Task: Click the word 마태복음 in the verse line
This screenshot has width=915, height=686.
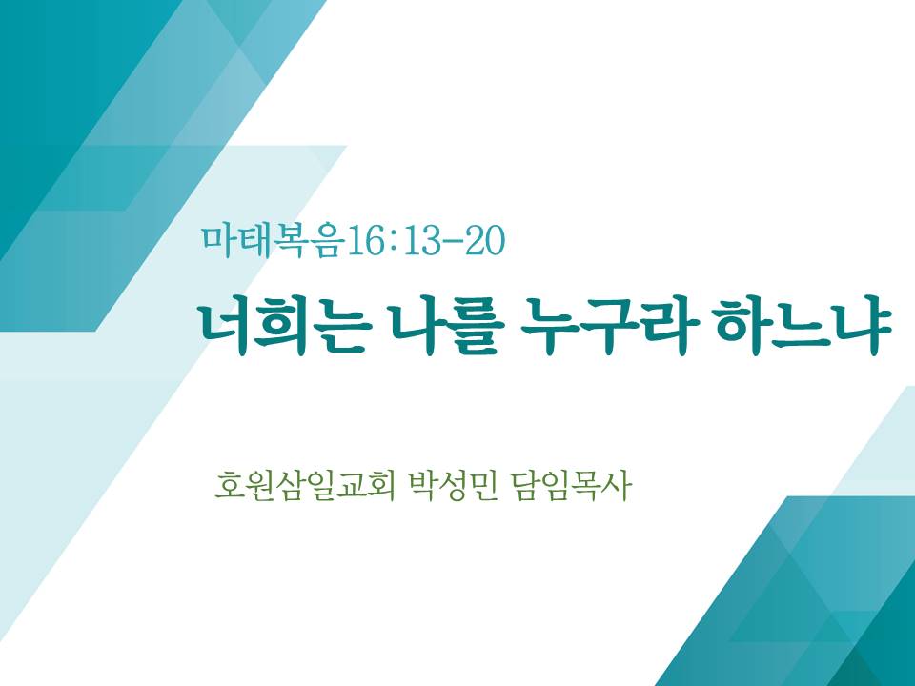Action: click(271, 241)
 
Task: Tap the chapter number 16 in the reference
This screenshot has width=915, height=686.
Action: click(364, 242)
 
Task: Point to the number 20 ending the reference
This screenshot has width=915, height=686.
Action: click(484, 242)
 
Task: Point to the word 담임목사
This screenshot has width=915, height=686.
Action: click(571, 486)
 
